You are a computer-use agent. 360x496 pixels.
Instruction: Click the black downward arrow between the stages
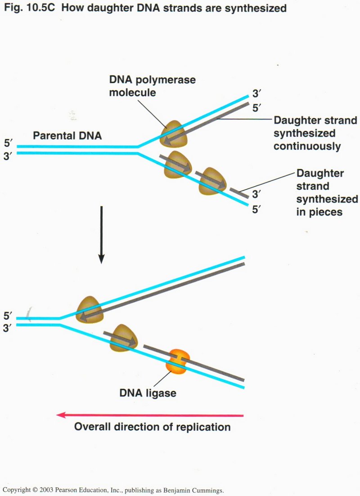tap(102, 234)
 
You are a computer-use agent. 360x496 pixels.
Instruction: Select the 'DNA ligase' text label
tap(148, 393)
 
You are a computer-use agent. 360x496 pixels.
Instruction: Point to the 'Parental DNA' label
tap(67, 134)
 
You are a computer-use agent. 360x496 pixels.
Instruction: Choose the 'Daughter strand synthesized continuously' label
tap(315, 134)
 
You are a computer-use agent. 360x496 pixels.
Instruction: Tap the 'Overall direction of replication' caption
tap(152, 427)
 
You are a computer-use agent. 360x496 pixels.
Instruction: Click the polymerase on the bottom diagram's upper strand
tap(90, 309)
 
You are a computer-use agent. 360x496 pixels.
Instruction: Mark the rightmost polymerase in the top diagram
tap(213, 181)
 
